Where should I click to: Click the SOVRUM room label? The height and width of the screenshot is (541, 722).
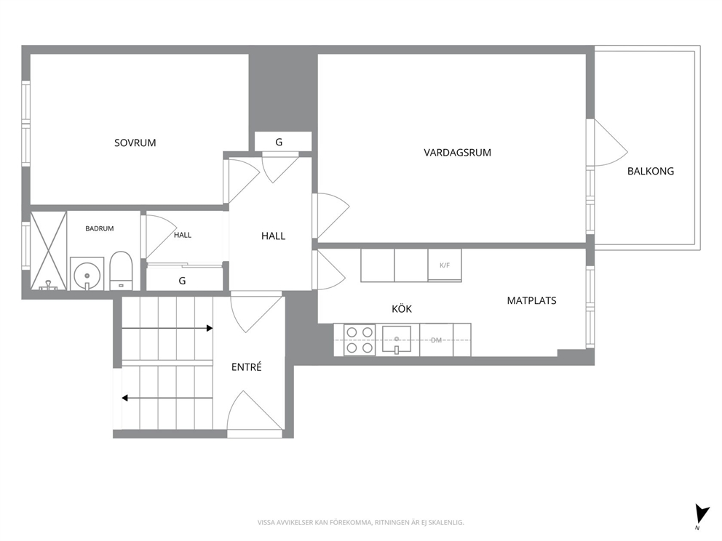click(x=135, y=143)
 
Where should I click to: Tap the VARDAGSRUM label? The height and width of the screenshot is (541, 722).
click(x=457, y=152)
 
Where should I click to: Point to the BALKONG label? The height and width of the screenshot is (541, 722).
click(x=650, y=171)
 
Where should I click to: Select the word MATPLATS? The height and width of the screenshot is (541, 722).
click(x=531, y=300)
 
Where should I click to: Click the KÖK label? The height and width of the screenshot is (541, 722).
click(x=402, y=308)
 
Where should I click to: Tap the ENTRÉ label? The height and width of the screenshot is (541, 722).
click(x=246, y=366)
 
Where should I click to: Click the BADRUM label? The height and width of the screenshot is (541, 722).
click(x=100, y=228)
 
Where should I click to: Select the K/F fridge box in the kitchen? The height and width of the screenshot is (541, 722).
click(x=445, y=265)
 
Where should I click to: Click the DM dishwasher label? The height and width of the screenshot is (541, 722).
click(x=436, y=340)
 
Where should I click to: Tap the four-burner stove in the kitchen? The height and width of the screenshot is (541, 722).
click(x=360, y=340)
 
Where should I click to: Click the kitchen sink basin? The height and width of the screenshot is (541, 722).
click(x=397, y=340)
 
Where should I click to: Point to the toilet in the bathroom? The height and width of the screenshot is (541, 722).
click(x=121, y=271)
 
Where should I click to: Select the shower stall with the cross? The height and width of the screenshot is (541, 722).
click(x=48, y=251)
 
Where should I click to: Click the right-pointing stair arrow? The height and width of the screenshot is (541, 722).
click(x=167, y=328)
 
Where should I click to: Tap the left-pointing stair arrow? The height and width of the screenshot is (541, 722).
click(x=167, y=398)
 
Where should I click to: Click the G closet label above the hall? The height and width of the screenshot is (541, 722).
click(x=279, y=142)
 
